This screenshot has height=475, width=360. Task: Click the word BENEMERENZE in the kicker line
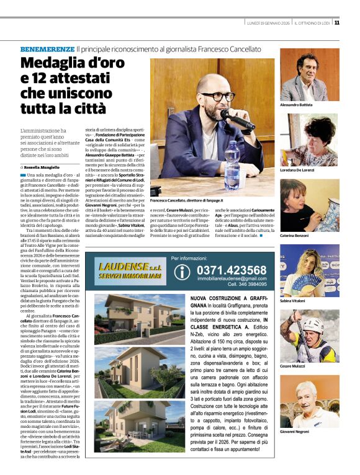[x=47, y=48]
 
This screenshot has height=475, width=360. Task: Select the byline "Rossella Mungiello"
[x=45, y=167]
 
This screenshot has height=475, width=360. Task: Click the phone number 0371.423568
[x=231, y=270]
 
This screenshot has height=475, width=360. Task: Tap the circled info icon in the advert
[x=181, y=272]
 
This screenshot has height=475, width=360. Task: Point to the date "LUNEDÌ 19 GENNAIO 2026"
[x=267, y=23]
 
